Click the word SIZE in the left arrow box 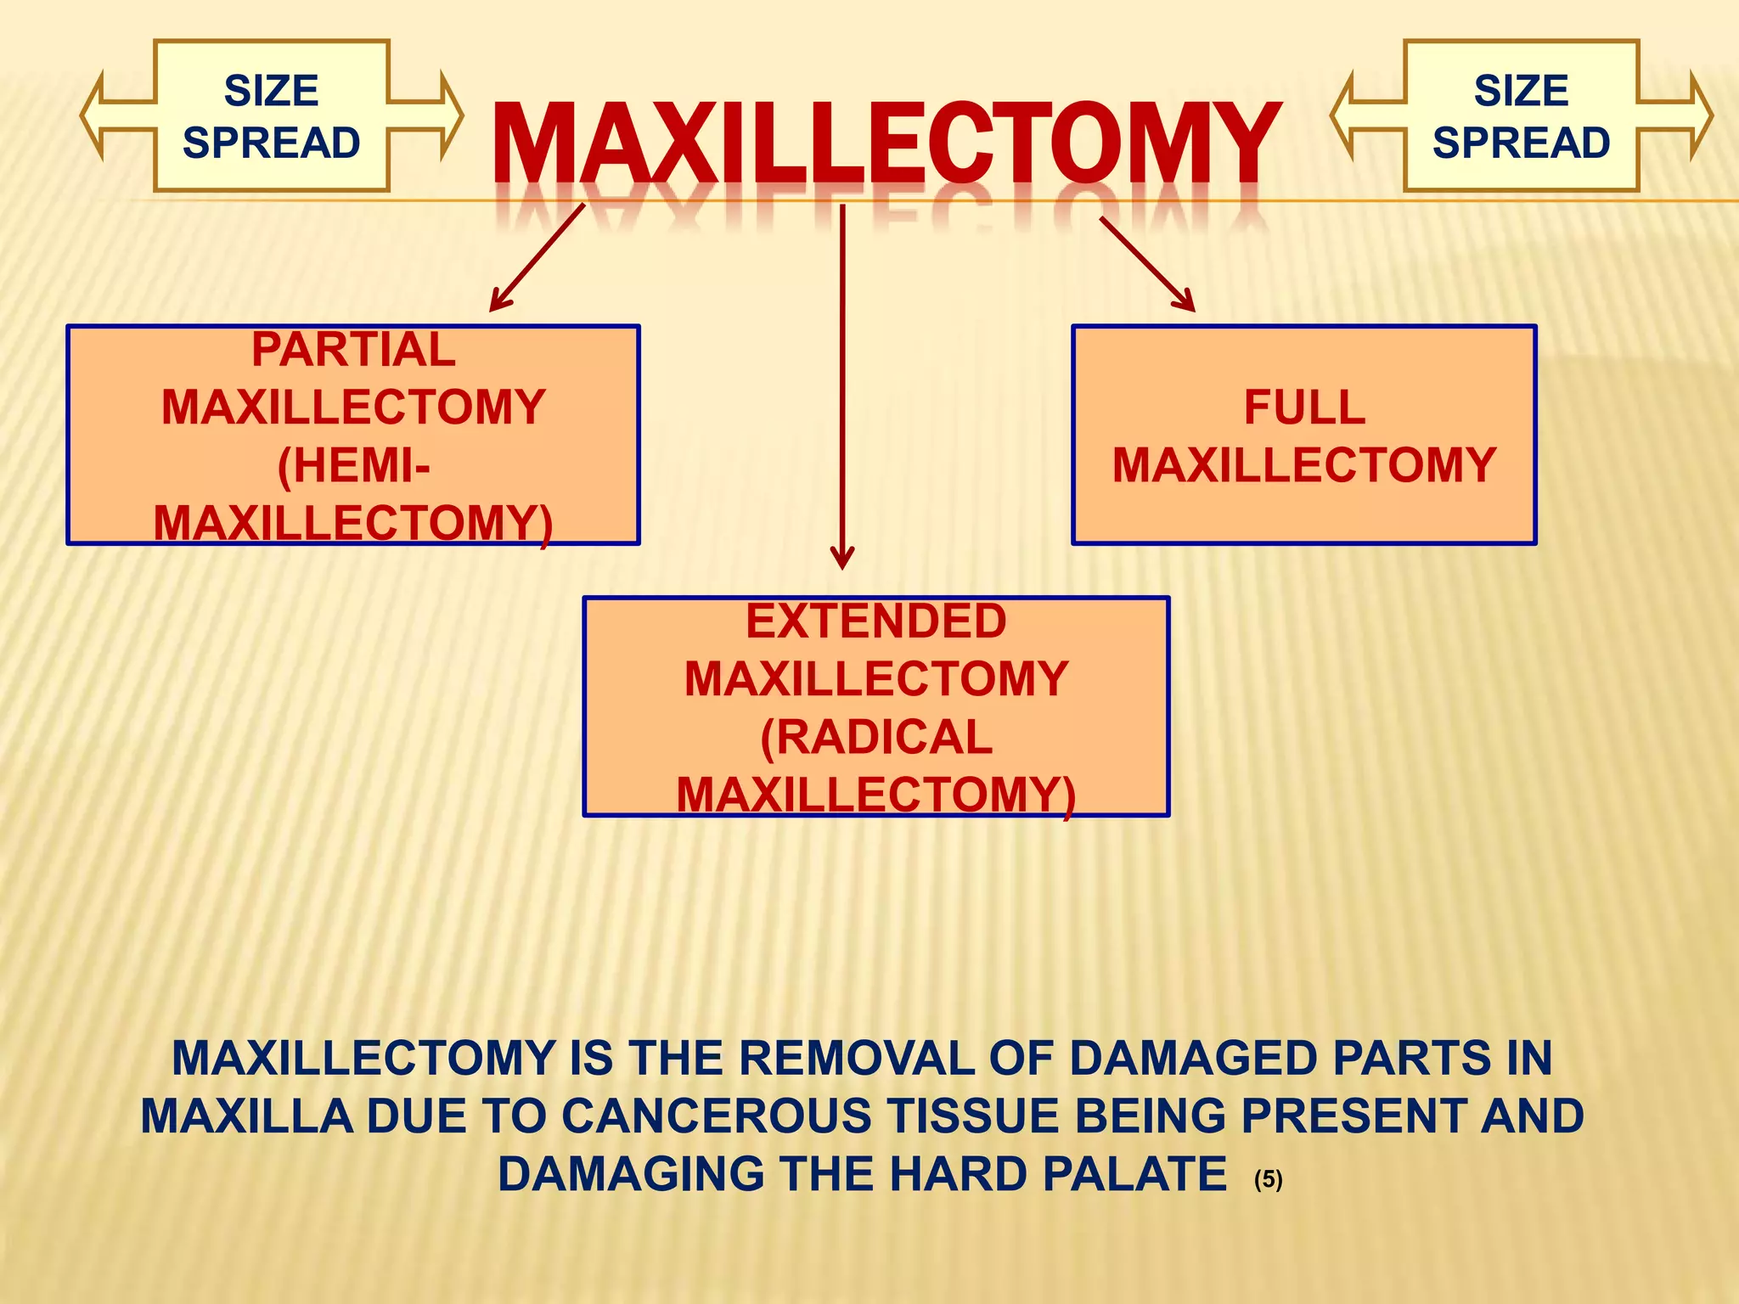coord(271,91)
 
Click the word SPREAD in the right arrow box coord(1521,143)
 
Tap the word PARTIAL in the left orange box coord(353,350)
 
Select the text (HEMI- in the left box coord(353,465)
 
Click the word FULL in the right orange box coord(1304,407)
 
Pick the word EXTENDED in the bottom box coord(875,621)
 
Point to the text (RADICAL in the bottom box coord(875,737)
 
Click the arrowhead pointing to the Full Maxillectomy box coord(1187,304)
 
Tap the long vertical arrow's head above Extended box coord(842,560)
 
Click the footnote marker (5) coord(1268,1179)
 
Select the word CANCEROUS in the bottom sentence coord(717,1116)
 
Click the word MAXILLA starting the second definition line coord(246,1116)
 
